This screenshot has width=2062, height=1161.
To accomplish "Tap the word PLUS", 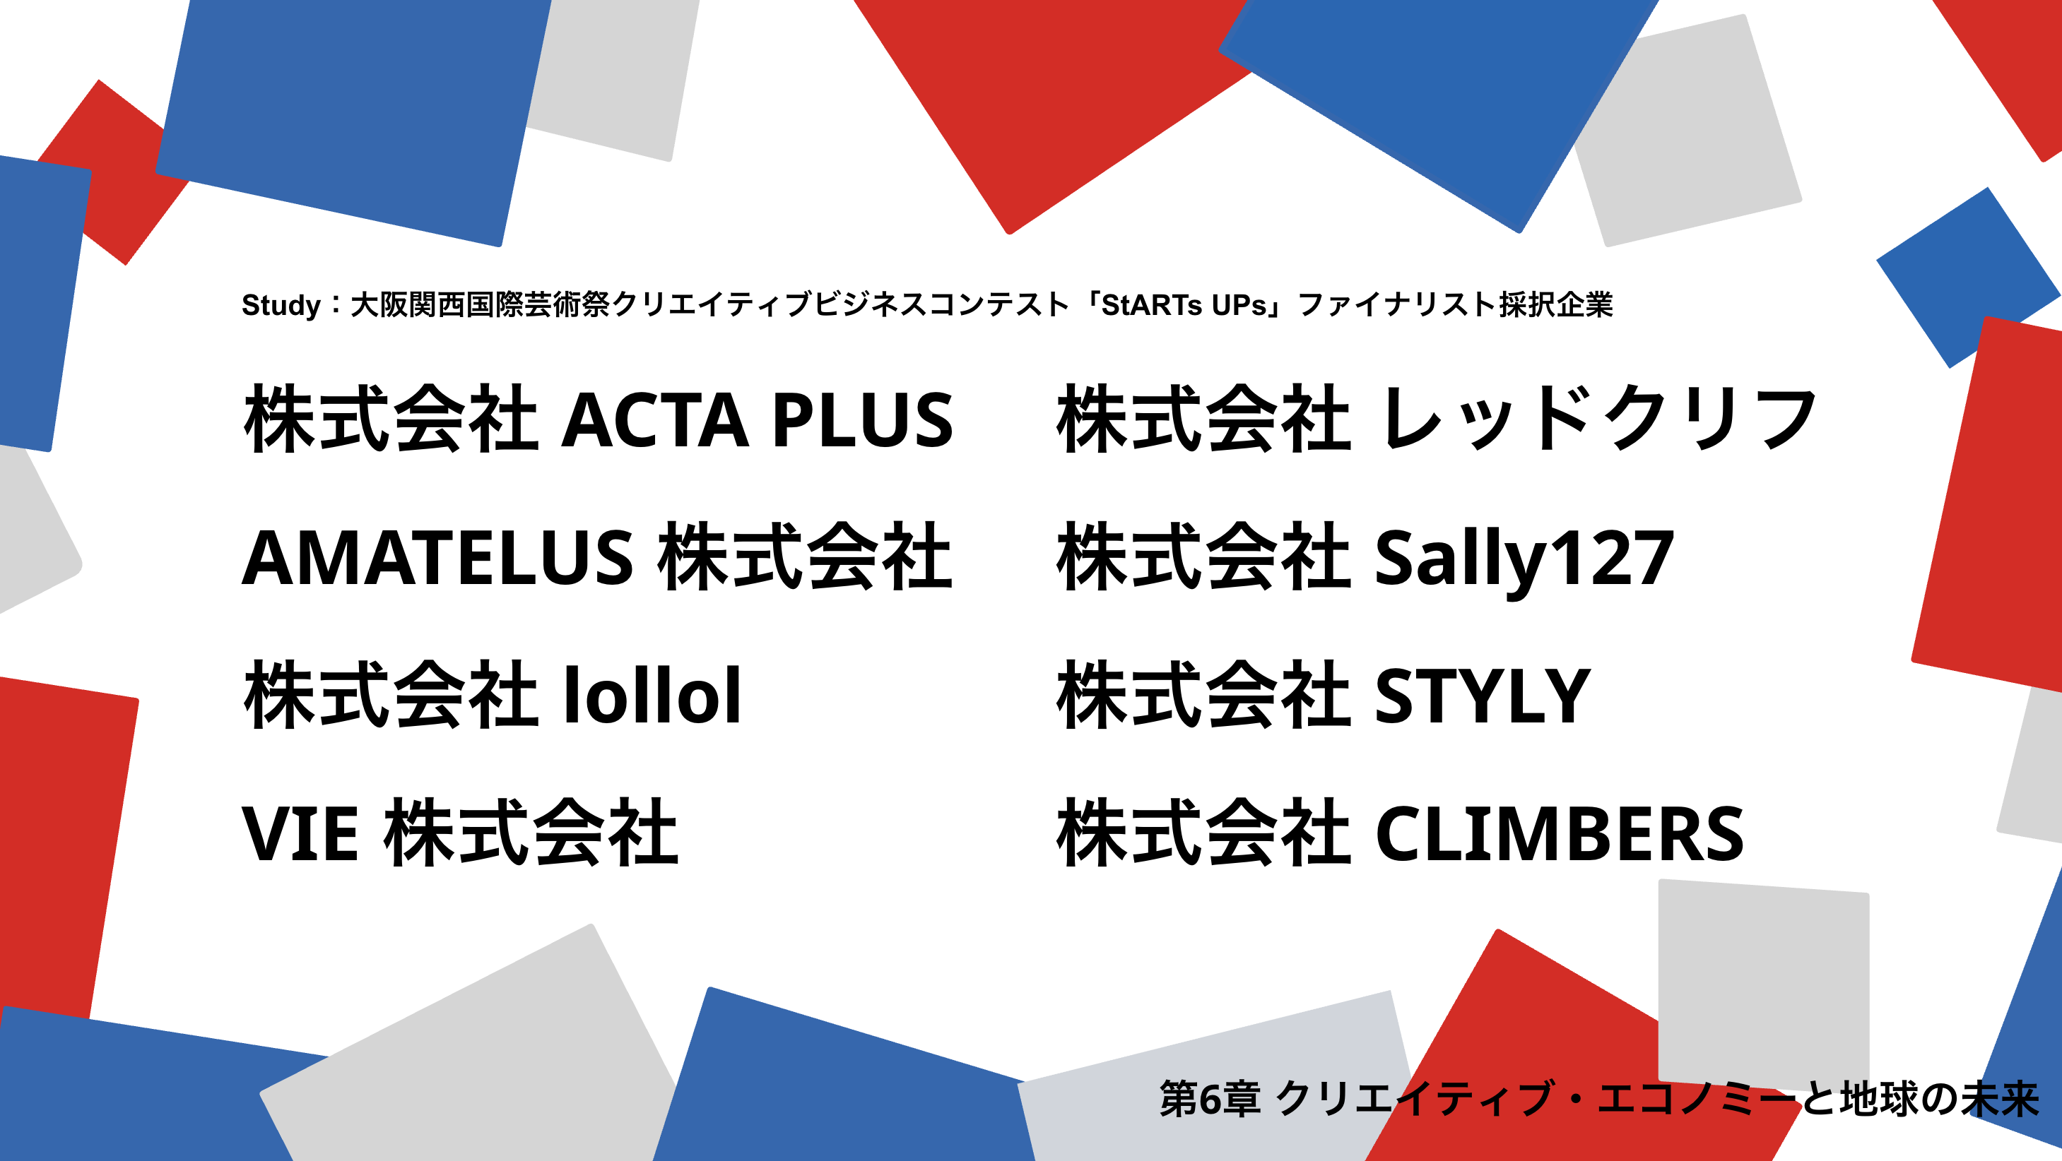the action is click(x=863, y=419).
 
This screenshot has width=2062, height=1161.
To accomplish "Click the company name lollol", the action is click(x=652, y=694).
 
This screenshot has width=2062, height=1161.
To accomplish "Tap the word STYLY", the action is click(x=1483, y=696).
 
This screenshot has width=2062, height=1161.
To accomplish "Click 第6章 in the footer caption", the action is click(x=1210, y=1099).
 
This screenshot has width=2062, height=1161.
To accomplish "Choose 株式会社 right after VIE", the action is click(x=531, y=832).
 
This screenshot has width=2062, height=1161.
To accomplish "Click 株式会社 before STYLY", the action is click(x=1204, y=694).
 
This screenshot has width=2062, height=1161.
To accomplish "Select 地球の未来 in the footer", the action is click(x=1939, y=1099).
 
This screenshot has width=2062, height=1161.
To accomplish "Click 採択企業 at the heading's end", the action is click(x=1556, y=305).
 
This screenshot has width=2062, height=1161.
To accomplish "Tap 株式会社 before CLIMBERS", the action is click(x=1204, y=832).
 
